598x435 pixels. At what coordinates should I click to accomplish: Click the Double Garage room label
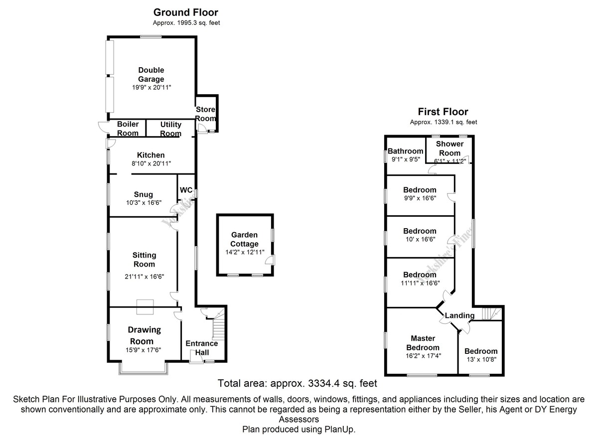point(151,75)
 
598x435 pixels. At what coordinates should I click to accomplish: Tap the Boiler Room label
point(128,129)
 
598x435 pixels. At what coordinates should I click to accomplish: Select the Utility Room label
point(170,129)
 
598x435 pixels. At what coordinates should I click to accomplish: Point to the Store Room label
point(205,114)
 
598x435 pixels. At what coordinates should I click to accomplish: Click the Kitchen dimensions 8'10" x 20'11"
point(151,163)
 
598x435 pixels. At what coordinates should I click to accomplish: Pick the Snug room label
point(143,194)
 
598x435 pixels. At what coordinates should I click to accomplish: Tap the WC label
point(186,190)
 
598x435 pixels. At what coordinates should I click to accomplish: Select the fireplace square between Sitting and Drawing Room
point(146,307)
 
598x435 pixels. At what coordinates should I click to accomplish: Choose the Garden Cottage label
point(244,239)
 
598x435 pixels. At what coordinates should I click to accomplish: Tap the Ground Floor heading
point(185,12)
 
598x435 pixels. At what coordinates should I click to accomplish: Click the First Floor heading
point(443,112)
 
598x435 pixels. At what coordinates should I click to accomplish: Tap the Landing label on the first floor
point(459,315)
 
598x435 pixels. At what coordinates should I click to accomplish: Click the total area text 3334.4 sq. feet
point(297,383)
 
